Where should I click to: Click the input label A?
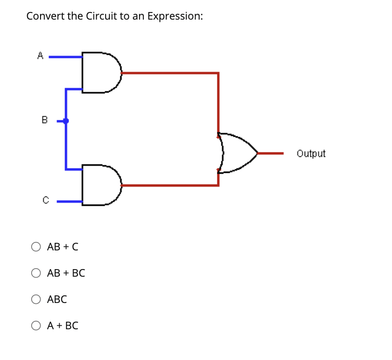(40, 56)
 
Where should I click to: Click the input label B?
(44, 120)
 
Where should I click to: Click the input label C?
(45, 200)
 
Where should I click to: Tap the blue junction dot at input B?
(66, 121)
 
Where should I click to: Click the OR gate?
(238, 153)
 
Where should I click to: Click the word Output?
(311, 154)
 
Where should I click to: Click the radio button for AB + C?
(36, 247)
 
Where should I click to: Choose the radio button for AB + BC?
(36, 273)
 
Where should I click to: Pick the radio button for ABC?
(36, 299)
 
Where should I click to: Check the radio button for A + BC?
(36, 326)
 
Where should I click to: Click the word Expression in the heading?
(174, 16)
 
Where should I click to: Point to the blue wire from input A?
(65, 57)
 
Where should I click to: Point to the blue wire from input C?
(69, 201)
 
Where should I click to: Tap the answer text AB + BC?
(66, 273)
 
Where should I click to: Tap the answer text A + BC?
(63, 326)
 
